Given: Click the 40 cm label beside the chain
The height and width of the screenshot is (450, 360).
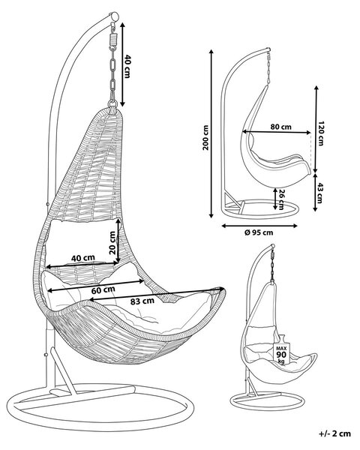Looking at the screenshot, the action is pos(127,67).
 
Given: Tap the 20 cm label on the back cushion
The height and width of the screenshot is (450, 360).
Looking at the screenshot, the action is pos(112,243).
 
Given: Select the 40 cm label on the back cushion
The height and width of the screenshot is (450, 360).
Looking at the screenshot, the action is pos(83,258).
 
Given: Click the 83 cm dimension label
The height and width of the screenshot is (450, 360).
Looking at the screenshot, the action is pos(142,301).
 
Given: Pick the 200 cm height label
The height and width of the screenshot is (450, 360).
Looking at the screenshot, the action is pos(205,138).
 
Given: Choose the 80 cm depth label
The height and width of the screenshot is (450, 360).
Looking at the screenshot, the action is pos(280,127).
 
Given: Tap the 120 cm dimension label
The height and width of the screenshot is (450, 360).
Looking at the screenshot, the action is pos(321,133).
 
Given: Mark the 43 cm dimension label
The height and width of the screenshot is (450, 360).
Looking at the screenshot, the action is pos(320,193).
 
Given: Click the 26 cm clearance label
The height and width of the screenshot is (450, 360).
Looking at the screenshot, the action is pos(281,199).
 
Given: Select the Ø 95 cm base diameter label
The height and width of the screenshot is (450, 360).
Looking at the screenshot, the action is pos(259,232).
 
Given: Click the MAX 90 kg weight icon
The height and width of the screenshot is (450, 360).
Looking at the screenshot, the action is pos(281,349).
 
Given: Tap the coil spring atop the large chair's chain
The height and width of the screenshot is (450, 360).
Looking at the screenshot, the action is pos(113,38).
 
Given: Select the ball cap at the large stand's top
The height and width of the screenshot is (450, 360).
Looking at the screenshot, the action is pos(114,16).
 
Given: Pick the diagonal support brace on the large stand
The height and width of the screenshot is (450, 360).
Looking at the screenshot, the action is pos(64,370).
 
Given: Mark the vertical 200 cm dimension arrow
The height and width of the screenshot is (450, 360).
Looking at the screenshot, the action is pos(211,133).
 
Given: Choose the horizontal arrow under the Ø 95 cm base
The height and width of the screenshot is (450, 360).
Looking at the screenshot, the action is pos(259,226).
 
